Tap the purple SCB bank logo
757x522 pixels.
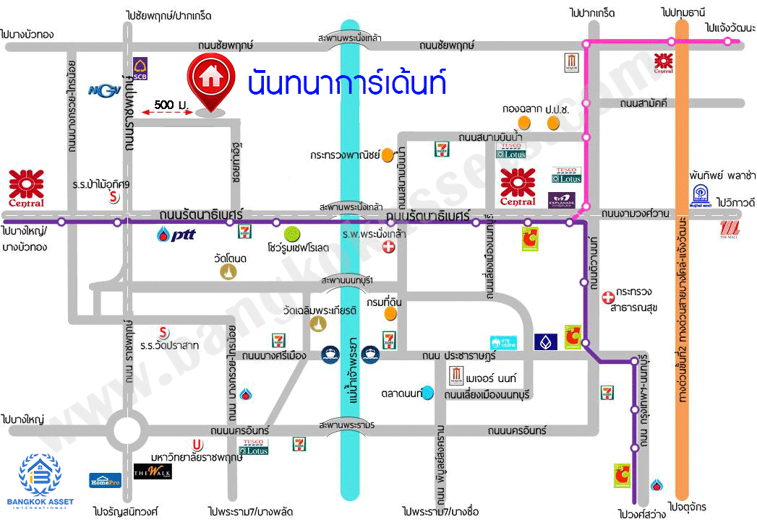tap(141, 68)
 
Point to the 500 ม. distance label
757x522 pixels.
tap(171, 105)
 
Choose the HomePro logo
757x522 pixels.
tap(104, 479)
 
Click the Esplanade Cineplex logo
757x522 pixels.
tap(564, 199)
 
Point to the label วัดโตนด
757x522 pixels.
tap(230, 258)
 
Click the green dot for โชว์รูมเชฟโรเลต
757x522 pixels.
tap(292, 233)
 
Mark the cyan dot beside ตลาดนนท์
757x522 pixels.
tap(429, 393)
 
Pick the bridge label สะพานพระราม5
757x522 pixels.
tap(348, 424)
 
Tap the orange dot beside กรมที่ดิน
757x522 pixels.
tap(390, 313)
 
